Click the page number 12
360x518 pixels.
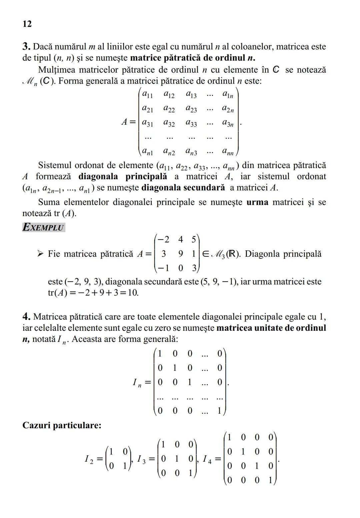click(x=27, y=24)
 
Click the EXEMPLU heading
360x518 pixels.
click(x=43, y=227)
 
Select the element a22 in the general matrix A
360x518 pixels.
click(x=169, y=109)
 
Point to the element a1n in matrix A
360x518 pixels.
click(x=228, y=95)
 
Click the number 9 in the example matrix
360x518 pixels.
click(x=180, y=254)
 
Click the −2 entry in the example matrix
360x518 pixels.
click(x=163, y=239)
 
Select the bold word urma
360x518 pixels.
click(x=257, y=202)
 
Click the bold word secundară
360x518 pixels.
click(x=204, y=187)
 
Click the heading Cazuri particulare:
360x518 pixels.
click(x=62, y=425)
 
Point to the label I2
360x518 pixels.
click(x=89, y=460)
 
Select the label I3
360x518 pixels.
click(x=141, y=460)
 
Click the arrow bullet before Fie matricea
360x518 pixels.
click(x=40, y=254)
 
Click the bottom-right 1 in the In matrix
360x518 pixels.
click(x=219, y=411)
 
